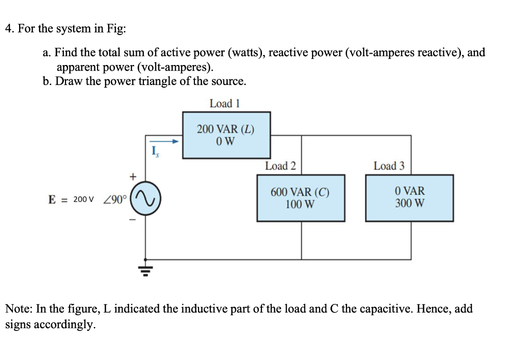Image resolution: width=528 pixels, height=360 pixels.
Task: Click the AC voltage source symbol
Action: point(145,199)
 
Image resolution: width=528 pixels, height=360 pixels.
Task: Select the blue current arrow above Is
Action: point(163,141)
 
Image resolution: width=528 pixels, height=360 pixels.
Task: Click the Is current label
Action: point(155,152)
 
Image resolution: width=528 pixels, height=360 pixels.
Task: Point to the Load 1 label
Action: point(225,103)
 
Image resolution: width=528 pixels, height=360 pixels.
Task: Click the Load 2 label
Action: point(280,166)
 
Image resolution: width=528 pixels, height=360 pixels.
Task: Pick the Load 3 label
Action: point(389,166)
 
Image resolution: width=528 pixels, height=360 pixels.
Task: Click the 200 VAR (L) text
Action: point(226,129)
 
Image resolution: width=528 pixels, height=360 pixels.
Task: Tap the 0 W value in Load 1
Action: point(226,141)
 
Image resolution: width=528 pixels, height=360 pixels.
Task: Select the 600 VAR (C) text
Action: point(300,192)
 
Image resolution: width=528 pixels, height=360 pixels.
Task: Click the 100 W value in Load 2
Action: point(300,204)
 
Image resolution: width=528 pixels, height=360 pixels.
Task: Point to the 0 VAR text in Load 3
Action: point(410,191)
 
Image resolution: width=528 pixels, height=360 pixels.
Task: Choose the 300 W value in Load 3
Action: point(410,203)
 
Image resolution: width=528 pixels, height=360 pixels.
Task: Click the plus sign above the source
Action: point(134,176)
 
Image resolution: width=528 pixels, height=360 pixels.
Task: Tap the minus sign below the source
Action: point(133,220)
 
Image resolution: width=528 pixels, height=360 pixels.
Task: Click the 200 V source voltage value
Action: point(83,200)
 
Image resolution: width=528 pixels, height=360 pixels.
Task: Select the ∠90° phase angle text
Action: point(115,200)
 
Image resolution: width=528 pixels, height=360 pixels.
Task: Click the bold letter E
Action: point(52,200)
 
